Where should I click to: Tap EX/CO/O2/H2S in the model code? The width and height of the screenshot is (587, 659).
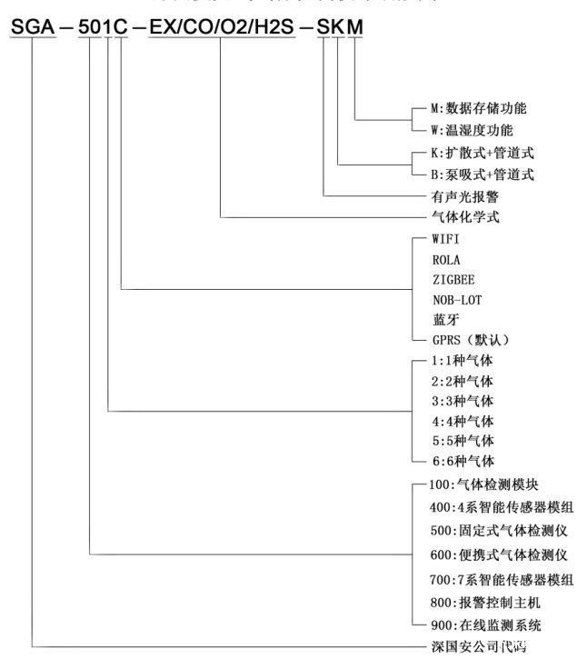pyautogui.click(x=221, y=27)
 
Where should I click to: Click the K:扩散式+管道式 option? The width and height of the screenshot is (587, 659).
pyautogui.click(x=483, y=153)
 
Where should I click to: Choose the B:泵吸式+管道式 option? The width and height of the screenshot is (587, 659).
pyautogui.click(x=483, y=175)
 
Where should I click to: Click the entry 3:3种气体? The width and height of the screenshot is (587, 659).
pyautogui.click(x=464, y=400)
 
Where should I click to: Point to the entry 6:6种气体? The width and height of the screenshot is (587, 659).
pyautogui.click(x=464, y=461)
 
